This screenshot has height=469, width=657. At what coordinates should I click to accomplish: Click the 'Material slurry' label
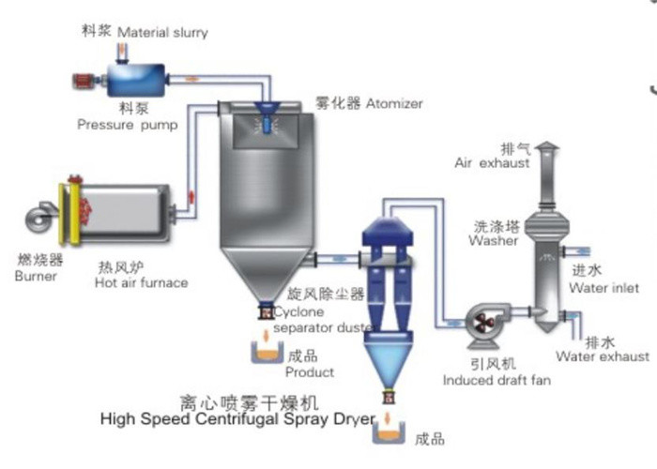click(162, 33)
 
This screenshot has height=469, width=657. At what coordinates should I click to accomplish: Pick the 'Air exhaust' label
click(492, 162)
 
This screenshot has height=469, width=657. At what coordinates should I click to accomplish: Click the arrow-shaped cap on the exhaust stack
click(549, 148)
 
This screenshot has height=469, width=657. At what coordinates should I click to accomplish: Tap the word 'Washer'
click(494, 240)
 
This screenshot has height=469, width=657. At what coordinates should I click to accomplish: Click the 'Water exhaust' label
click(603, 356)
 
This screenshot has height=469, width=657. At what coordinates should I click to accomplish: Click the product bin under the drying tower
click(266, 353)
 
